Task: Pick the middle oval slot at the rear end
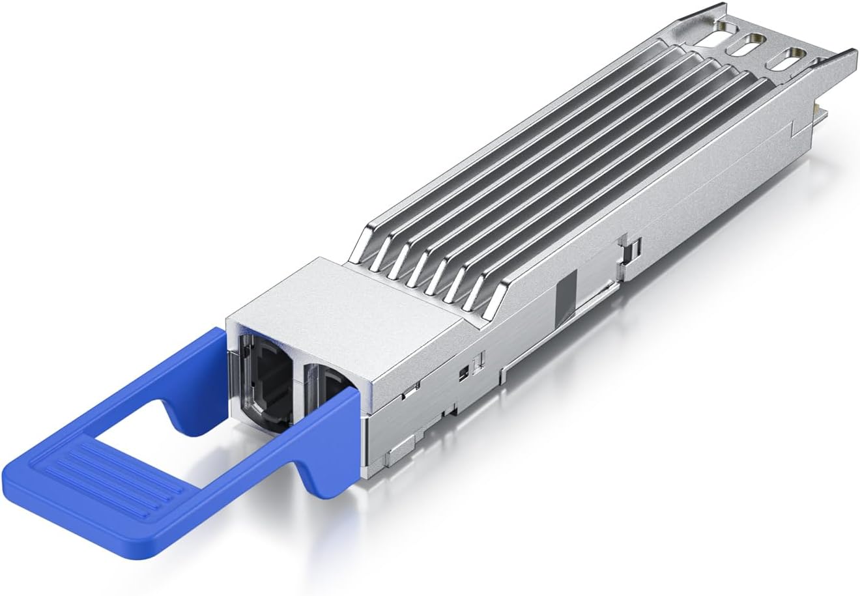[749, 48]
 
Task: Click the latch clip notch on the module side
[630, 251]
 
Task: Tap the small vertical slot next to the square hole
[480, 360]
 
